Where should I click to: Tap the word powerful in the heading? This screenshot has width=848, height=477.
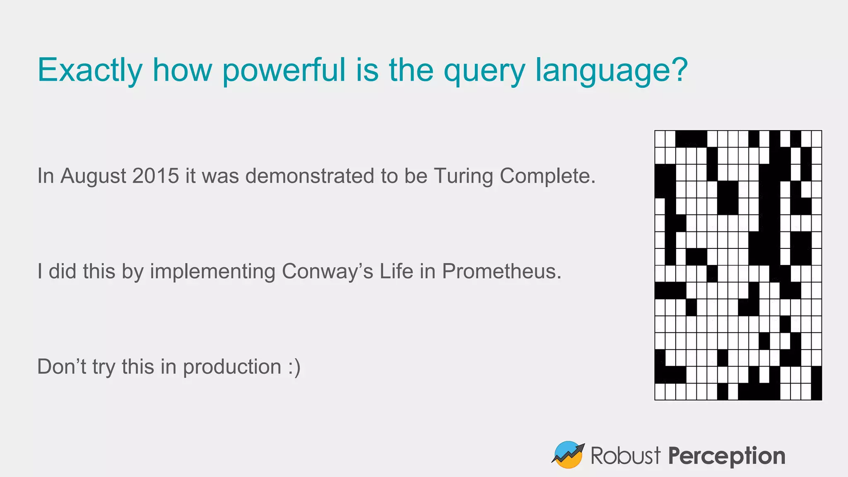[x=284, y=70]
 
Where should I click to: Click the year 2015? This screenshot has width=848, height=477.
[x=156, y=176]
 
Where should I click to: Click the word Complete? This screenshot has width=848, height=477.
[x=547, y=176]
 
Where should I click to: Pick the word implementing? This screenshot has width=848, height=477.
[x=212, y=272]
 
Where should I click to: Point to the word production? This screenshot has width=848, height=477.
[x=232, y=367]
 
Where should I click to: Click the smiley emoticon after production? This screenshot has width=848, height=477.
[x=294, y=367]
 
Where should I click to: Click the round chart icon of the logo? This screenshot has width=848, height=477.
[x=568, y=455]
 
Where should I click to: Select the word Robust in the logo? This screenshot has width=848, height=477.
[x=625, y=455]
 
